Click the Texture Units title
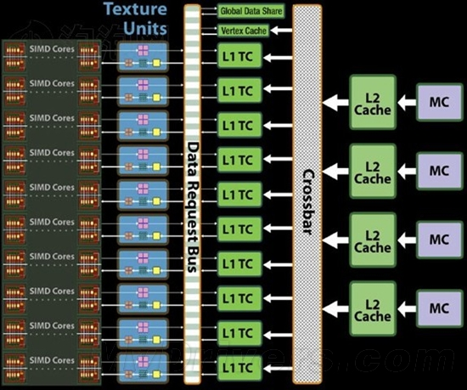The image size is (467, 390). click(x=135, y=20)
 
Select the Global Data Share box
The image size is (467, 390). click(x=251, y=11)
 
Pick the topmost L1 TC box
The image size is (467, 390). click(x=238, y=58)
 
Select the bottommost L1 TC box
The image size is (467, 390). click(x=238, y=367)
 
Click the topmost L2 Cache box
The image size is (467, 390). click(x=373, y=103)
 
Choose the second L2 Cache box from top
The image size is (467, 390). click(x=373, y=172)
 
